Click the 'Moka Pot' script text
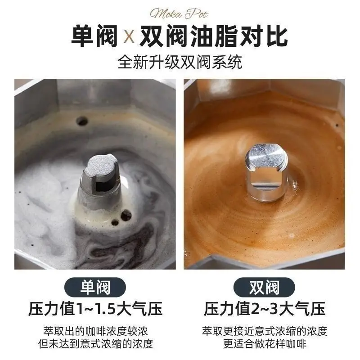click(179, 14)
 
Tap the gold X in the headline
click(129, 37)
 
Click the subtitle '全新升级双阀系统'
click(180, 62)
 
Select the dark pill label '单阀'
click(95, 287)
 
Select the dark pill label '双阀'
click(264, 287)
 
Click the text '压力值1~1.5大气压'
click(95, 309)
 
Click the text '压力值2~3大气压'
click(265, 309)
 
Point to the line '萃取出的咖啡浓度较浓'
click(95, 331)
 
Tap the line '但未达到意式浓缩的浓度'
click(95, 344)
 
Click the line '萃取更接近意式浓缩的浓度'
click(265, 331)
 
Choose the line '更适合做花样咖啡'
click(265, 344)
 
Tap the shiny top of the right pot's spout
click(266, 156)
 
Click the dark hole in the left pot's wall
click(82, 121)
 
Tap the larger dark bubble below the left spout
click(126, 216)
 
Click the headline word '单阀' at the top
click(94, 37)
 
